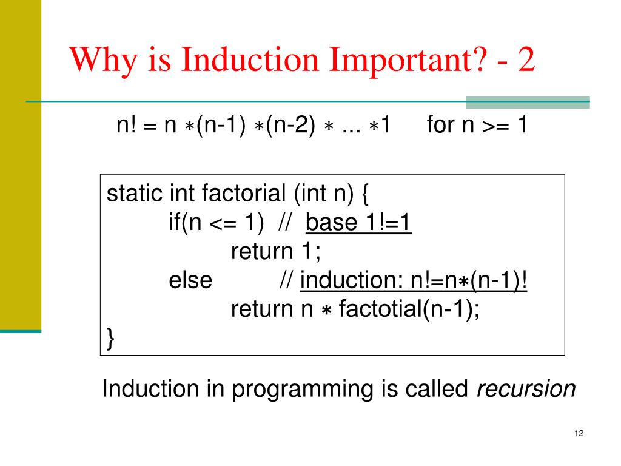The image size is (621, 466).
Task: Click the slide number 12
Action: [x=577, y=433]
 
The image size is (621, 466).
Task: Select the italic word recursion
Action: [x=526, y=389]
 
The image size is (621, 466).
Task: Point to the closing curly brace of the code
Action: [x=110, y=337]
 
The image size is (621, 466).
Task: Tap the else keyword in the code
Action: [x=190, y=281]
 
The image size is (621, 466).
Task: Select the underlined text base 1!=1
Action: [x=359, y=224]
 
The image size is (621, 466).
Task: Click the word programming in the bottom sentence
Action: [x=305, y=389]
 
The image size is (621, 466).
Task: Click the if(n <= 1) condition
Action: [x=216, y=224]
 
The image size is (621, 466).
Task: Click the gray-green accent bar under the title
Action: [x=527, y=103]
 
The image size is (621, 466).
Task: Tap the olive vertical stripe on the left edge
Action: [x=20, y=164]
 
